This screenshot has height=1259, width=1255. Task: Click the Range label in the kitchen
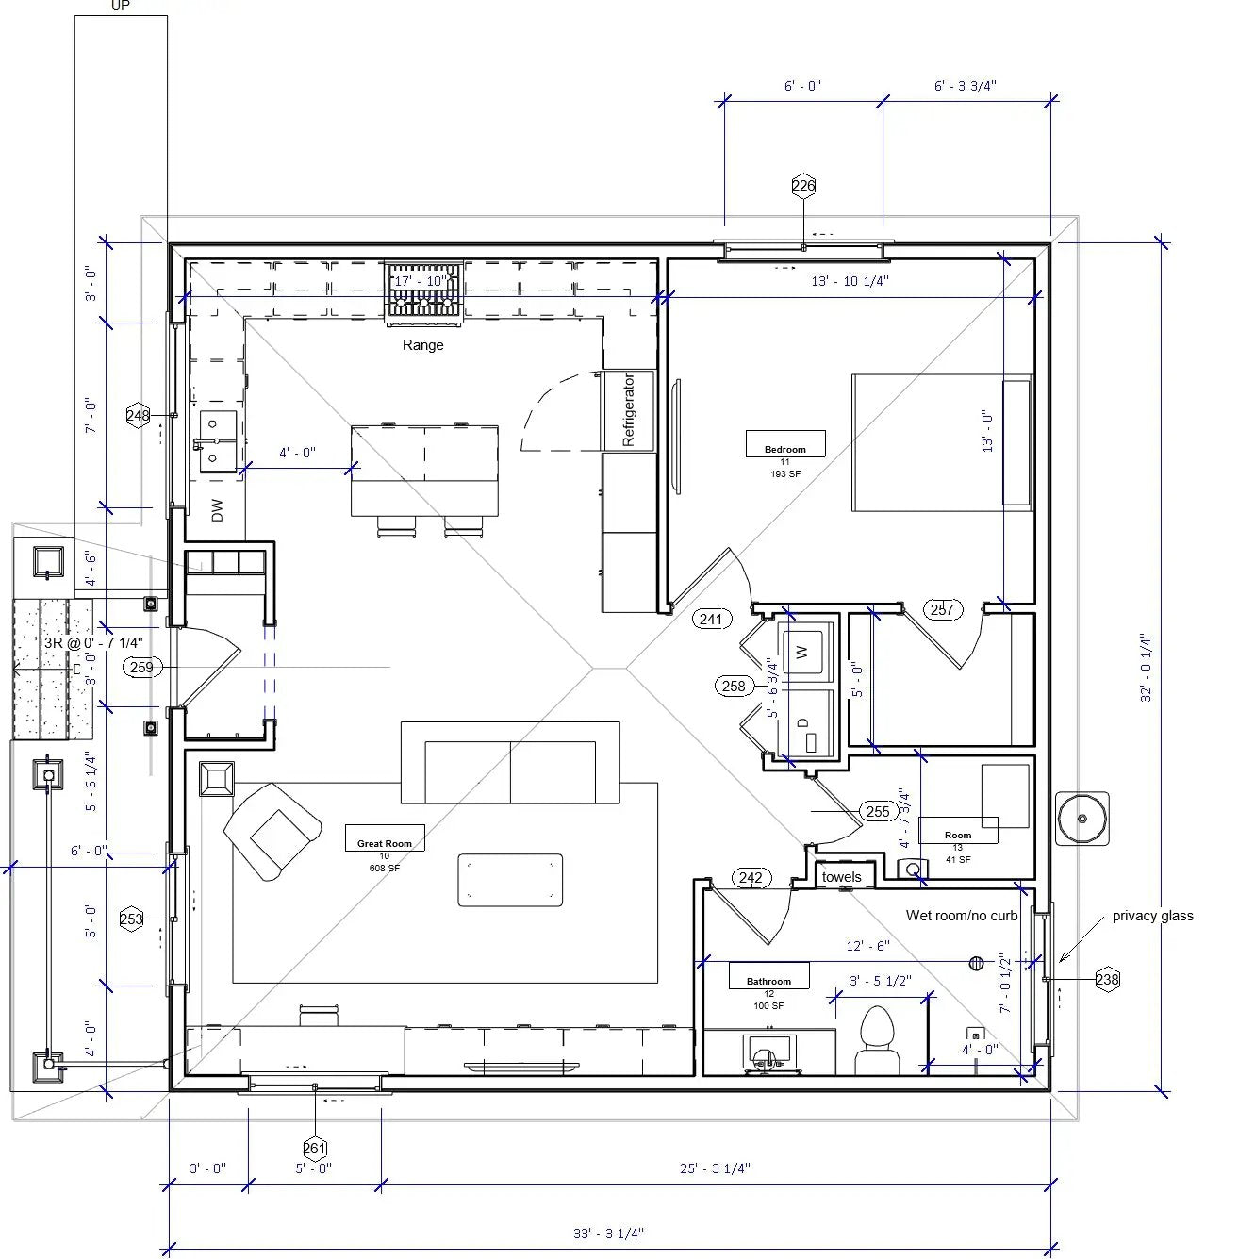click(x=422, y=345)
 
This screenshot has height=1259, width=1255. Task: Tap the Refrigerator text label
click(x=629, y=409)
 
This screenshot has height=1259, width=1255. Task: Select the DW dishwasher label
click(x=218, y=510)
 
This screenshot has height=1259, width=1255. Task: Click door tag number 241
click(x=711, y=620)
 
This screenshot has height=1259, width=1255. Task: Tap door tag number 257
click(x=942, y=609)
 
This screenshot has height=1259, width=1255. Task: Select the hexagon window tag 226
click(x=803, y=186)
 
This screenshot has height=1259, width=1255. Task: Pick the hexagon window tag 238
click(x=1107, y=979)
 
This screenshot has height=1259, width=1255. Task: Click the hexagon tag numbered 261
click(x=314, y=1149)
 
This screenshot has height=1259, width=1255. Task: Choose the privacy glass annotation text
click(x=1152, y=916)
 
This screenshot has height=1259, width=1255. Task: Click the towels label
click(x=841, y=877)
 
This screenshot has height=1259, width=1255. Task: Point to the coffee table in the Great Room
click(x=510, y=880)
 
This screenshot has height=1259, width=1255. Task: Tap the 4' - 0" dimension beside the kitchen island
click(x=297, y=453)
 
